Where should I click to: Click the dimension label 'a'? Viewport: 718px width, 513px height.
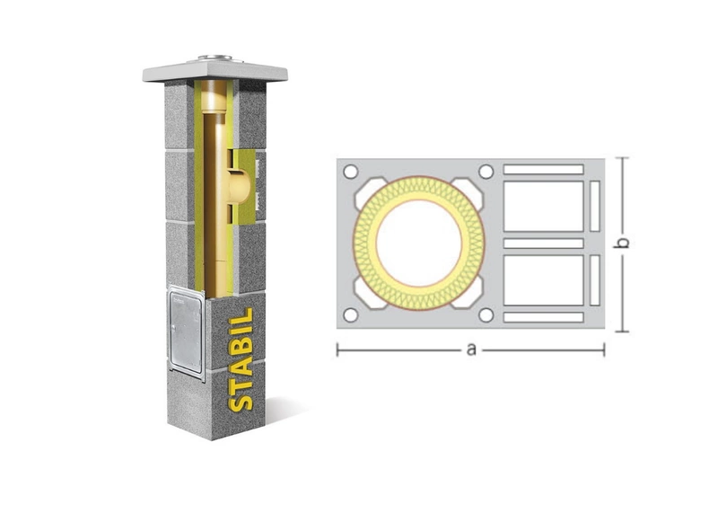(470, 350)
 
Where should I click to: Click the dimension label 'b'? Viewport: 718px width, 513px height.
(622, 243)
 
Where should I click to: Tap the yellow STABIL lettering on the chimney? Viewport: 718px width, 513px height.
(241, 359)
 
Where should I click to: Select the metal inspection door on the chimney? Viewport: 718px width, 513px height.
(186, 332)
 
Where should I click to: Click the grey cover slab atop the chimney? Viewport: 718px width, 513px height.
(215, 72)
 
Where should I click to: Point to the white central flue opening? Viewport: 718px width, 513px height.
(419, 243)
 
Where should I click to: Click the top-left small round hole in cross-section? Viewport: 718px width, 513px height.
(350, 172)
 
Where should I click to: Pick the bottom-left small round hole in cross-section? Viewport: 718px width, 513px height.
(350, 315)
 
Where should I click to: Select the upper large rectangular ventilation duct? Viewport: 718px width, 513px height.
(544, 207)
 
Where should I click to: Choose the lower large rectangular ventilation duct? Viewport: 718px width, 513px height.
(544, 280)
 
